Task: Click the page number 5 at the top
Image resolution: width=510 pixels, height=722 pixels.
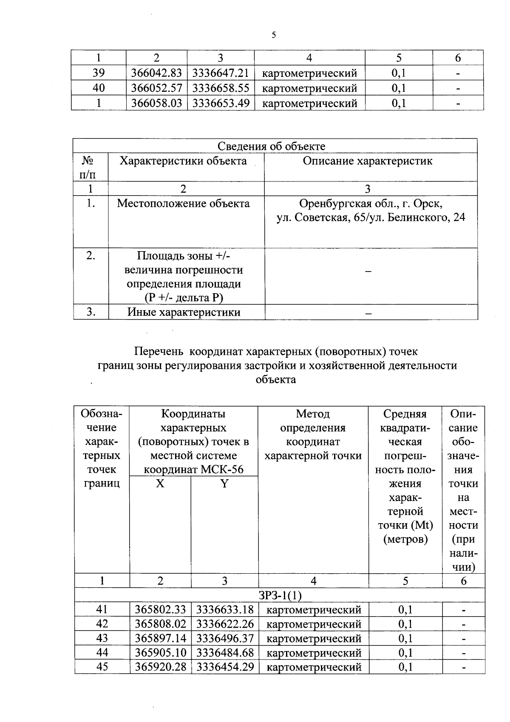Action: pyautogui.click(x=274, y=35)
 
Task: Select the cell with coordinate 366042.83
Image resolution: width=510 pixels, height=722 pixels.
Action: pyautogui.click(x=156, y=73)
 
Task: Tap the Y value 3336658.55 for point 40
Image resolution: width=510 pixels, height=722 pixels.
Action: pyautogui.click(x=221, y=88)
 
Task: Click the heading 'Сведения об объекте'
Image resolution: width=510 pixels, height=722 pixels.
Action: pyautogui.click(x=271, y=146)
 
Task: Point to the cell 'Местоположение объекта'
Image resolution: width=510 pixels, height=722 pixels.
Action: pyautogui.click(x=183, y=204)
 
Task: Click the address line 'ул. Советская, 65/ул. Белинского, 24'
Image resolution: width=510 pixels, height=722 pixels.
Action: pyautogui.click(x=371, y=218)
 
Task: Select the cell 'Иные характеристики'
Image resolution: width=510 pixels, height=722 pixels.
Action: pyautogui.click(x=184, y=312)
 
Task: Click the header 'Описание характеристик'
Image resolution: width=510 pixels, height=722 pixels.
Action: pyautogui.click(x=367, y=161)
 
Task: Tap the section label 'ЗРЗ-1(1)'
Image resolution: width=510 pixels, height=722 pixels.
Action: pyautogui.click(x=280, y=595)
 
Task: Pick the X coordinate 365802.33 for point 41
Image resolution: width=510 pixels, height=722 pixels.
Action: pyautogui.click(x=160, y=610)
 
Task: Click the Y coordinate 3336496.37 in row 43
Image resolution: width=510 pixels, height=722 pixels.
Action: pyautogui.click(x=225, y=638)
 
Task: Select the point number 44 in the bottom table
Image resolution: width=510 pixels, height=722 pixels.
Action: pyautogui.click(x=102, y=652)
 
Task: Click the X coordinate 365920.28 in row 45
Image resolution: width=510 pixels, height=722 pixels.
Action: pyautogui.click(x=160, y=667)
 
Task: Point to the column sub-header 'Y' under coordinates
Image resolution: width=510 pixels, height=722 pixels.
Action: pyautogui.click(x=224, y=484)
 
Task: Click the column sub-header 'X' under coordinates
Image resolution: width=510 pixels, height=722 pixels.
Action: pyautogui.click(x=160, y=484)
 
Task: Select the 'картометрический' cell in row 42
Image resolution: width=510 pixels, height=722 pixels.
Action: pyautogui.click(x=314, y=624)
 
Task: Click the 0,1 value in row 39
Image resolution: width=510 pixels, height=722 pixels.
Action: pyautogui.click(x=398, y=73)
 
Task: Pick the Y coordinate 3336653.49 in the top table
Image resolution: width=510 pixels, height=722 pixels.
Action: pyautogui.click(x=221, y=103)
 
